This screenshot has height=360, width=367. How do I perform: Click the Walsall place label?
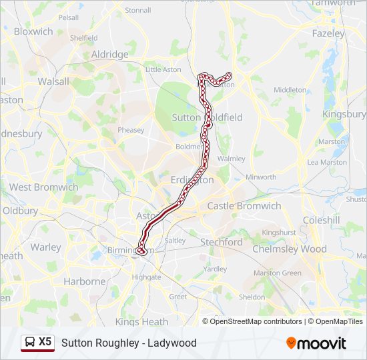pyautogui.click(x=53, y=81)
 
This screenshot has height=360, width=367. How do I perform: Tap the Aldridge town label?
pyautogui.click(x=109, y=54)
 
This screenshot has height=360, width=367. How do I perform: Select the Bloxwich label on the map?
pyautogui.click(x=33, y=31)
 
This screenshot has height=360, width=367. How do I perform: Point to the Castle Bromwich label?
pyautogui.click(x=244, y=206)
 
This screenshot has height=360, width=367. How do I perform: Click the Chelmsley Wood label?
pyautogui.click(x=288, y=249)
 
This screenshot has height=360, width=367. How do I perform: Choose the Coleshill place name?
pyautogui.click(x=321, y=220)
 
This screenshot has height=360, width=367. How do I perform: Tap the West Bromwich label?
pyautogui.click(x=43, y=187)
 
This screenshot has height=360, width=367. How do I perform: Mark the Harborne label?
pyautogui.click(x=85, y=281)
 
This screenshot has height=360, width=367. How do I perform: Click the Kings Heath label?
pyautogui.click(x=142, y=322)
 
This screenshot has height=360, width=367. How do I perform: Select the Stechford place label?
pyautogui.click(x=222, y=242)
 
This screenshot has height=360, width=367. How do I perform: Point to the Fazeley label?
pyautogui.click(x=328, y=33)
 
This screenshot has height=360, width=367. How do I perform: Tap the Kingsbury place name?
pyautogui.click(x=344, y=114)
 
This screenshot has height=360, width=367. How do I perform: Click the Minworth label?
pyautogui.click(x=261, y=177)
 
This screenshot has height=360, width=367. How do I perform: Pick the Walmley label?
pyautogui.click(x=232, y=159)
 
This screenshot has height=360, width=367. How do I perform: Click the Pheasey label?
pyautogui.click(x=131, y=130)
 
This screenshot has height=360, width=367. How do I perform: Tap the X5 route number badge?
pyautogui.click(x=45, y=341)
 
